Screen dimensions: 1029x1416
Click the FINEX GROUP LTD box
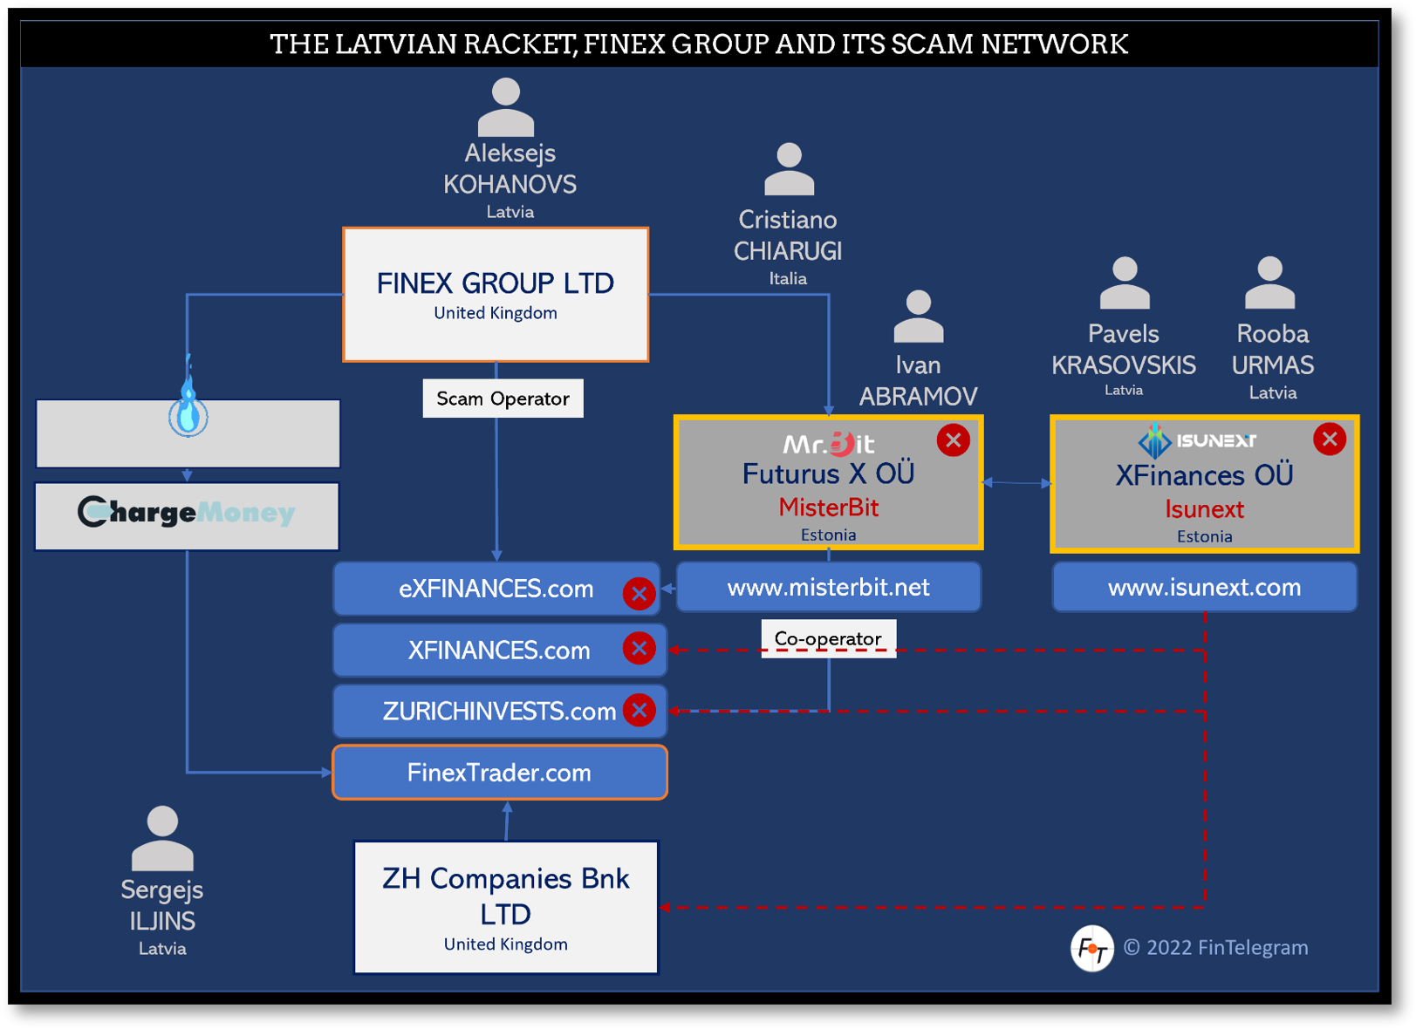[496, 295]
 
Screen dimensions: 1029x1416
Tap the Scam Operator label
[503, 399]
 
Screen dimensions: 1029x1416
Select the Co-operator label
[828, 637]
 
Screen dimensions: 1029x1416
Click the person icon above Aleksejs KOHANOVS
[506, 106]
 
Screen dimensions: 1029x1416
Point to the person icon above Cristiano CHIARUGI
[789, 169]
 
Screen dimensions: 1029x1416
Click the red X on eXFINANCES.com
[639, 594]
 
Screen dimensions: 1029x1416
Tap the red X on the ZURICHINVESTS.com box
[640, 711]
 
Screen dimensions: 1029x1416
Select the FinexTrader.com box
[499, 773]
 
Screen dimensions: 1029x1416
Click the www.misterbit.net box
[828, 587]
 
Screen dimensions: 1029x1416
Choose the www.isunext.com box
[1204, 587]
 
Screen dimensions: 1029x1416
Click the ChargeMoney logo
[187, 513]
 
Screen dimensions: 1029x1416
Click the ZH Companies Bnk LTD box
[505, 907]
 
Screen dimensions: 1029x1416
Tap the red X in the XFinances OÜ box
[1329, 440]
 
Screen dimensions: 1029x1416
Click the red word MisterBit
[828, 507]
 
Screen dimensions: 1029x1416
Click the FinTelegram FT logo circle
[1091, 948]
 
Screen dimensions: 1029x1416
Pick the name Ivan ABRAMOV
[918, 381]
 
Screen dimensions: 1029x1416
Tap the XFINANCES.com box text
[499, 651]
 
